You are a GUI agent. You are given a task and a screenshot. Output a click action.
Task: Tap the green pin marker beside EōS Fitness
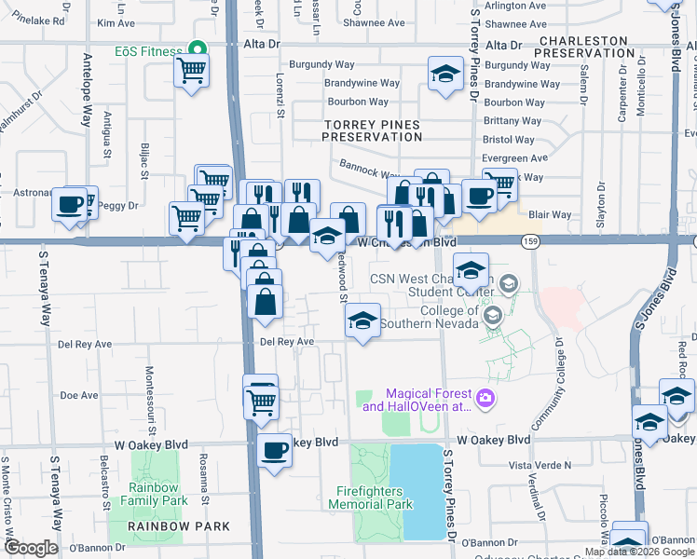(197, 49)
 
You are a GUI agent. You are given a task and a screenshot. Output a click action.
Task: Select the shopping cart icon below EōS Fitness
(191, 71)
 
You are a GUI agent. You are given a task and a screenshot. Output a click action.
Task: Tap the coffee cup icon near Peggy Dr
(69, 205)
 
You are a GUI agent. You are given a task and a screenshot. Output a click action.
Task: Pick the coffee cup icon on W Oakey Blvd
(274, 451)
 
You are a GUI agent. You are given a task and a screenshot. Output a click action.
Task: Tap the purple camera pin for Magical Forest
(485, 400)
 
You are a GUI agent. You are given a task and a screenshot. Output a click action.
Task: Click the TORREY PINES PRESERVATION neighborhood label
(372, 130)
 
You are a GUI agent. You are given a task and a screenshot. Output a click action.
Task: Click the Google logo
(30, 548)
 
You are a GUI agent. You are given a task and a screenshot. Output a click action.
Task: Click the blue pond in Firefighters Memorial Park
(416, 491)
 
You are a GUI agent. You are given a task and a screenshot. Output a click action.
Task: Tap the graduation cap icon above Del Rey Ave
(362, 321)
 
